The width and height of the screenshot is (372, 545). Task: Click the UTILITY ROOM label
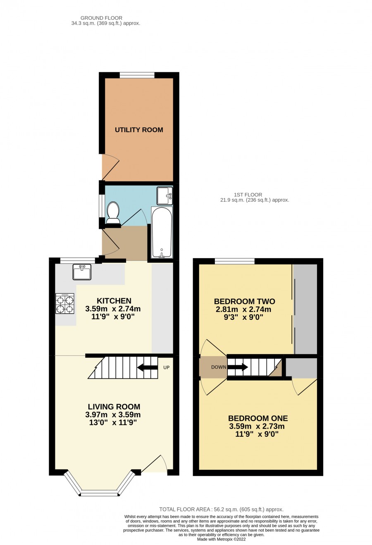point(139,130)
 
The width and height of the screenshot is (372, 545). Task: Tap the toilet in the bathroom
point(113,212)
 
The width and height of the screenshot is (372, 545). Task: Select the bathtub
point(162,232)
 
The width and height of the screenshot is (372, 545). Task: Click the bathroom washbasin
point(165,195)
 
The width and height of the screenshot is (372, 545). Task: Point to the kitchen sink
point(82,272)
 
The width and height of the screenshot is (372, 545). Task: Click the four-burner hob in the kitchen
point(65,303)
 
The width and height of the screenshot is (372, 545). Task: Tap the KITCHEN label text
point(114,301)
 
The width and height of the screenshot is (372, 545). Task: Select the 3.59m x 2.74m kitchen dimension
point(113,309)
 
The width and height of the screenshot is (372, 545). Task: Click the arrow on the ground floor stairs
point(147,367)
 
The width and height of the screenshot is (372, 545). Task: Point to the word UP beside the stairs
point(167,367)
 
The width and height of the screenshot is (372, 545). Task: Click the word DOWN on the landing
point(219,367)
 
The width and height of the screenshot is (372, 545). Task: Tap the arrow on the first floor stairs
point(238,367)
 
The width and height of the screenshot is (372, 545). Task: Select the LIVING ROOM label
point(114,407)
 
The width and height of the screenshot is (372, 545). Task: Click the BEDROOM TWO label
point(244,301)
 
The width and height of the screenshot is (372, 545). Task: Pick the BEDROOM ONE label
point(258,418)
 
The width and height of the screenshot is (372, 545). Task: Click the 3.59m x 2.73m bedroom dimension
point(257,426)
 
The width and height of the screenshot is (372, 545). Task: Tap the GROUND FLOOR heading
point(101,18)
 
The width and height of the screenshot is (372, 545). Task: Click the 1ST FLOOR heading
point(248,195)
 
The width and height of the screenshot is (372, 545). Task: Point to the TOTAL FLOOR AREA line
point(221,509)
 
